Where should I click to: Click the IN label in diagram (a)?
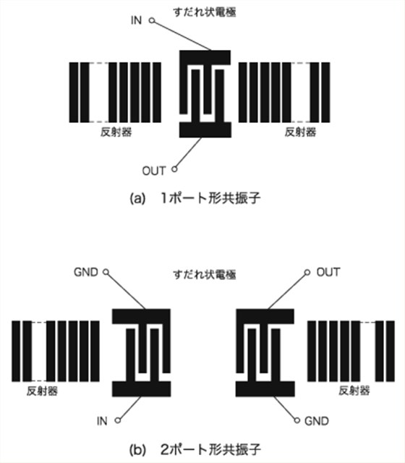point(136,20)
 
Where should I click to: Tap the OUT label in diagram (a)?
point(154,171)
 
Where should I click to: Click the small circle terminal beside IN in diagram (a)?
point(152,20)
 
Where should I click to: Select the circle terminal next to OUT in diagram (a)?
point(174,169)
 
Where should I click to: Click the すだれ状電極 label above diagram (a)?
point(205,12)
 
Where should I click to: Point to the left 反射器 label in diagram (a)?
point(116,132)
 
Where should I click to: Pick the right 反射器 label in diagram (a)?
point(300,132)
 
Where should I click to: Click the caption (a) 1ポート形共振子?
point(195,197)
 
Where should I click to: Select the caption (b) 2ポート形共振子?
point(195,449)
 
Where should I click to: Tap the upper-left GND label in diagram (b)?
point(86,272)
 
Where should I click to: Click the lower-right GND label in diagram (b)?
point(317,421)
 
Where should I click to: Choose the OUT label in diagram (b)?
point(328,272)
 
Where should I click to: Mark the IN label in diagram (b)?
point(102,421)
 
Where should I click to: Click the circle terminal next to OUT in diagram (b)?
point(307,272)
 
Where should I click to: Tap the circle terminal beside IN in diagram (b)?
point(118,420)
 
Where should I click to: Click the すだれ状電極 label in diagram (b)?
point(205,275)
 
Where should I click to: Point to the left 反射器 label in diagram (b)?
point(42,391)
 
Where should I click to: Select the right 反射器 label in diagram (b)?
point(354,391)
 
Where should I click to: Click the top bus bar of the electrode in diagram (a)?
point(205,58)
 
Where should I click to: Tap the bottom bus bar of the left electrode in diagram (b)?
point(142,388)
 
